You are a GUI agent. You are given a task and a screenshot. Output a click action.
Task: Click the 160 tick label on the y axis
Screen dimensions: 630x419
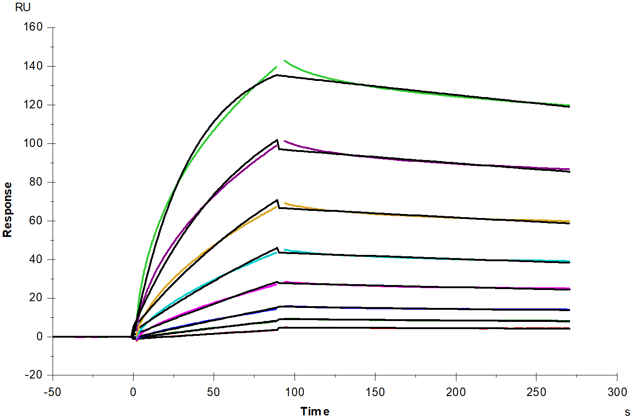pos(33,27)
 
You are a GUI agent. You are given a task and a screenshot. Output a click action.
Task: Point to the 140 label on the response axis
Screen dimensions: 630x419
pos(33,66)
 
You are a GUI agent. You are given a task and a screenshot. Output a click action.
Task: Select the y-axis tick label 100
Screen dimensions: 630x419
pos(33,143)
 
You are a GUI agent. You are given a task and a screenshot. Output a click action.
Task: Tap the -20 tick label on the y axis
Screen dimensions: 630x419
pos(33,375)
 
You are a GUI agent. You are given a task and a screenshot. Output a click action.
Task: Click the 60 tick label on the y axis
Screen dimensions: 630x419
pos(36,221)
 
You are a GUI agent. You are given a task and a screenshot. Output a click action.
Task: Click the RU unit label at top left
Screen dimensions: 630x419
pos(23,8)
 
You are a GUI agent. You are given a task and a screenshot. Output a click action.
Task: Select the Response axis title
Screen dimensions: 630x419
pos(8,210)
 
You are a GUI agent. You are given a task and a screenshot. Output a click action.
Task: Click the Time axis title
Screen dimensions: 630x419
pos(315,411)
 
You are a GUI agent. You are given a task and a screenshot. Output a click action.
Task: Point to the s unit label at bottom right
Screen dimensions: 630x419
pos(627,413)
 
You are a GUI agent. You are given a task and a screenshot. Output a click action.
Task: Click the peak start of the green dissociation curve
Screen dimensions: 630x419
pos(285,60)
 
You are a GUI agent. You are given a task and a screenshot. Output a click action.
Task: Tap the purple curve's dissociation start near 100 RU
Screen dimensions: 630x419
pos(285,141)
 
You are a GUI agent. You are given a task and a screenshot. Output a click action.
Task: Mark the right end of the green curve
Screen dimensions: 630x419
pos(569,106)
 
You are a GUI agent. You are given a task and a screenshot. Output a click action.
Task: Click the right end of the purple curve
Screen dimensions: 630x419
pos(569,169)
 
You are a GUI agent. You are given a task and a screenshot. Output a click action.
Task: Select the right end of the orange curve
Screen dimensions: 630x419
pos(569,221)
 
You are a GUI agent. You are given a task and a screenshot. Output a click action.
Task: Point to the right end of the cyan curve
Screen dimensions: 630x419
pos(569,261)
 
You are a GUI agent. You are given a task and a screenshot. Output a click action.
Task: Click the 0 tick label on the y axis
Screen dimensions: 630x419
pos(40,337)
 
